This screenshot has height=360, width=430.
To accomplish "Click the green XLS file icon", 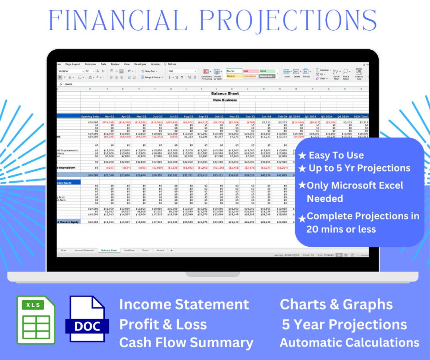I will point(36,320).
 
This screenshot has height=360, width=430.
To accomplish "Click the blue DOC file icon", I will point(87,319).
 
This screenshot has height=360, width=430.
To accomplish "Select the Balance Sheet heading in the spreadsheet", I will point(225,93).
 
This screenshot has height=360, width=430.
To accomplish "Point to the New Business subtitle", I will point(225,100).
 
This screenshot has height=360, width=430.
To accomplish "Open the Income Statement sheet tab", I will point(85,251).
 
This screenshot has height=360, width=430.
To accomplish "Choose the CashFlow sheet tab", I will point(129,251).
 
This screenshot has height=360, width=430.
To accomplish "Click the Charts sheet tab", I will point(145,251).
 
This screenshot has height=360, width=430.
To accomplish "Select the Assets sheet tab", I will point(160,251).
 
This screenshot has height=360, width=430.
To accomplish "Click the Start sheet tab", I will point(63,251).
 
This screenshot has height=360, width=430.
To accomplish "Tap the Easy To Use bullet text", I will point(336,155).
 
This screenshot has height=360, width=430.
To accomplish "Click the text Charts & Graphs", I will point(336,304).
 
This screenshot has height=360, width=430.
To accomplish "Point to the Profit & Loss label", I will point(163,324).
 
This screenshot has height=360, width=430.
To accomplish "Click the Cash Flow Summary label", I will point(186,342).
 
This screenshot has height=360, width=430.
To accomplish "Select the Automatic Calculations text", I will point(349,342).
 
